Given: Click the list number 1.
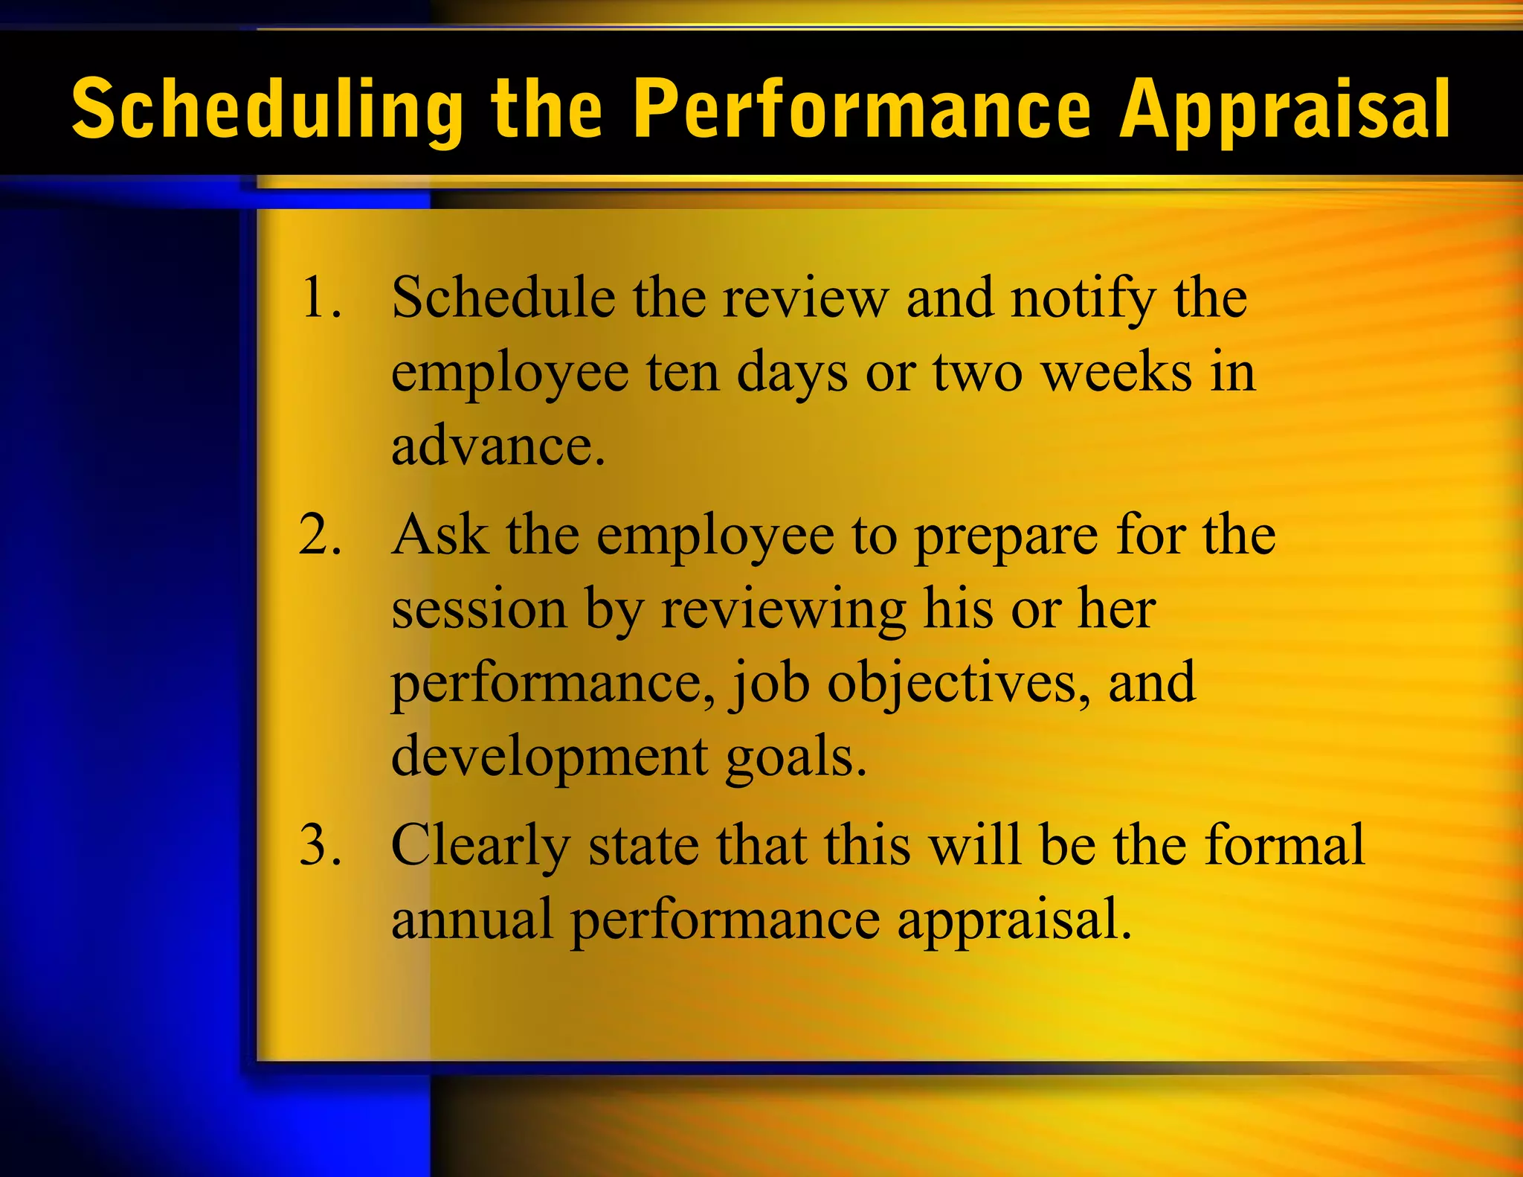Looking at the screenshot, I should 320,298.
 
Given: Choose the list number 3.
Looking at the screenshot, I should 320,846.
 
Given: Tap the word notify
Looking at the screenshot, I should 1084,299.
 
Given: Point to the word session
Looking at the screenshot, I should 479,610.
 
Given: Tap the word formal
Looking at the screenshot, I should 1284,846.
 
